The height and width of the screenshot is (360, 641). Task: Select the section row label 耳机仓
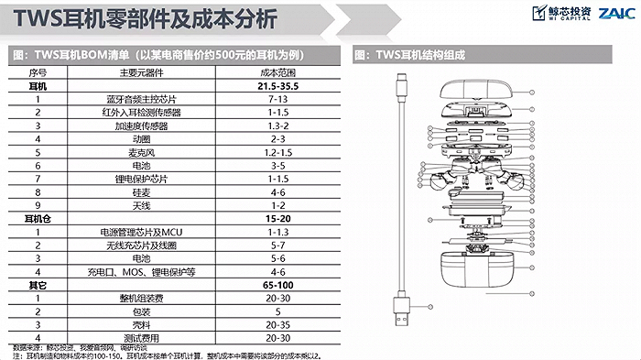[x=38, y=220]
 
